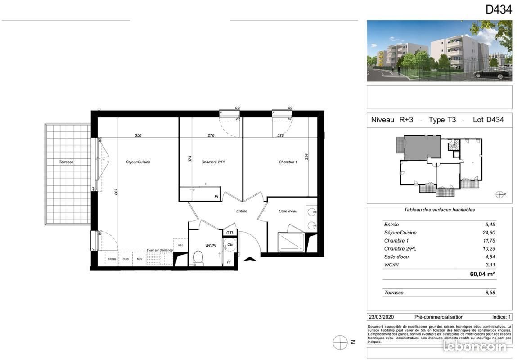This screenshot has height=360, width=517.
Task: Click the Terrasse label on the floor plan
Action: point(66,162)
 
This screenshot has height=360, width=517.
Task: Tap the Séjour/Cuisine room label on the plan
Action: point(138,162)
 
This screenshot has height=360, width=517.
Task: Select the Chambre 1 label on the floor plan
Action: point(288,162)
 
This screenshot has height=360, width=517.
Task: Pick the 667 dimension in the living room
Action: point(116,191)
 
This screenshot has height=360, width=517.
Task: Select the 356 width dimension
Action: point(138,135)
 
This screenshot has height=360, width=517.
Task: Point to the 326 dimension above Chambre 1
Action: point(280,135)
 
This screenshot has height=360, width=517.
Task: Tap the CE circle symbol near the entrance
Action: point(230,245)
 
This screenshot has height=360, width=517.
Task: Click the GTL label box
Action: point(229,232)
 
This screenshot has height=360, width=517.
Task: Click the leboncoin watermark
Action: point(475,346)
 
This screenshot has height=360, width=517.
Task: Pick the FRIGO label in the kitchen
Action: point(112,259)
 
